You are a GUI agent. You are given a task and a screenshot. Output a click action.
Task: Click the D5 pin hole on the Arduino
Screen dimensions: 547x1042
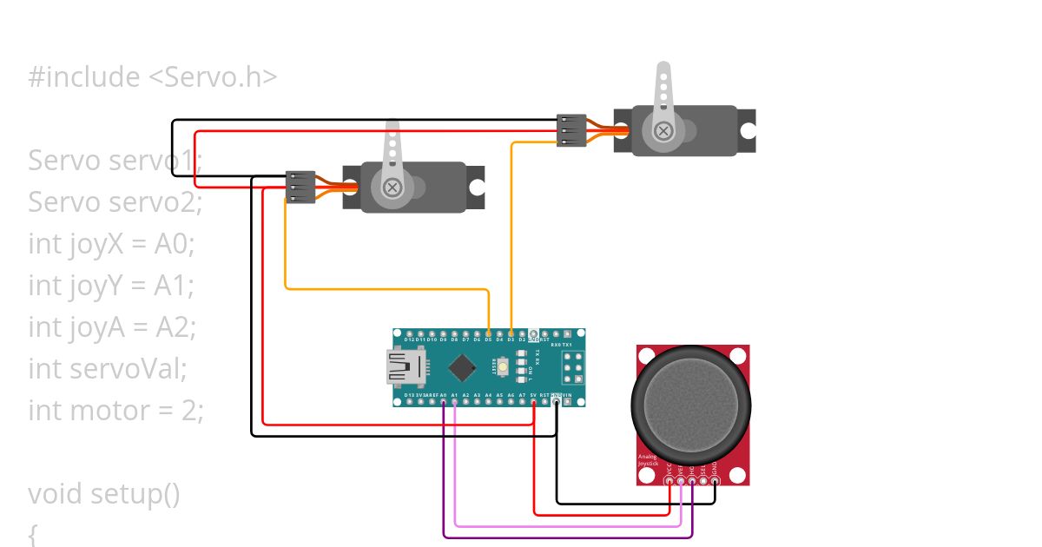(x=489, y=333)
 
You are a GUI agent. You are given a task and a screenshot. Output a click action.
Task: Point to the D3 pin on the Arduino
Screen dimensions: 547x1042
(x=511, y=333)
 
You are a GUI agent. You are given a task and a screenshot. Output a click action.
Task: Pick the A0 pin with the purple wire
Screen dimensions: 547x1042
(x=444, y=402)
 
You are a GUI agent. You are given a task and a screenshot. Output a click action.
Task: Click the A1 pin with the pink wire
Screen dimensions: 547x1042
(x=455, y=402)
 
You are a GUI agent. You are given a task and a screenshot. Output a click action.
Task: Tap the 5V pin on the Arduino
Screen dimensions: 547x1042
(x=534, y=402)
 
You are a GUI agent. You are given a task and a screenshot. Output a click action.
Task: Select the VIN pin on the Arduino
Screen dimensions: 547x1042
(x=567, y=402)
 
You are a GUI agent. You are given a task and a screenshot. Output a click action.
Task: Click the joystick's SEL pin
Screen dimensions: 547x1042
(x=703, y=480)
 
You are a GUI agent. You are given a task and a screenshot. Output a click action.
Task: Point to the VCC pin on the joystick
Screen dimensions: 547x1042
(x=669, y=480)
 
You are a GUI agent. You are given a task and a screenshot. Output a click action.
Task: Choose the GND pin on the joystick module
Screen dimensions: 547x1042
(x=715, y=480)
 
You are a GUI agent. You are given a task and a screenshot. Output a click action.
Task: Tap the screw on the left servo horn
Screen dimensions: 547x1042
(x=392, y=187)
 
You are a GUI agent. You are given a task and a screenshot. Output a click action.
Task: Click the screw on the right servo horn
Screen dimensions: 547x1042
(x=663, y=130)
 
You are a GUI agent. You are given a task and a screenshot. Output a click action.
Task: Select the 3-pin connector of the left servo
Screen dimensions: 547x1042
(x=300, y=187)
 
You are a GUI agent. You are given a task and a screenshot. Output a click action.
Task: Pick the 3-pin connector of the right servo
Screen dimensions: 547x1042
(x=571, y=130)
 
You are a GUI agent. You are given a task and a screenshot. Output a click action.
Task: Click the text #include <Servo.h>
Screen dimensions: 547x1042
(x=153, y=77)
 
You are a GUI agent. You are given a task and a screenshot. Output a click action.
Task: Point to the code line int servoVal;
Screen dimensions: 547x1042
(x=108, y=368)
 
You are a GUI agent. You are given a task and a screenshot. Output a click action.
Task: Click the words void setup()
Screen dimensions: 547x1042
(x=104, y=493)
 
